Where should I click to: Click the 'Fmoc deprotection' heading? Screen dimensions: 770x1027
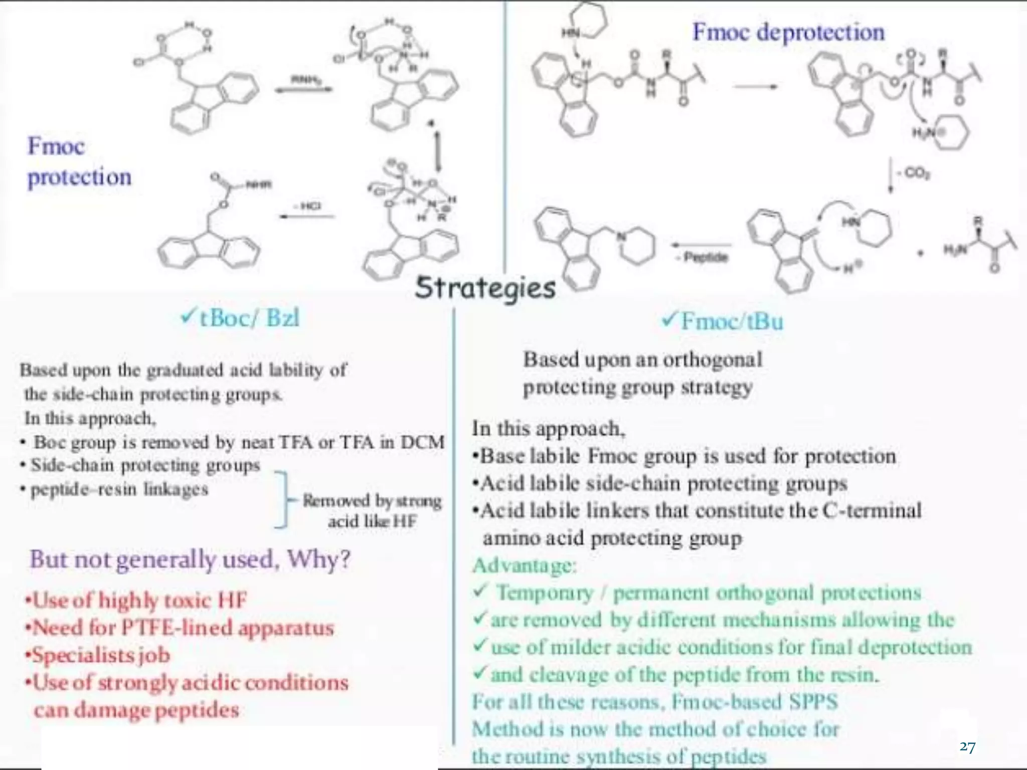788,32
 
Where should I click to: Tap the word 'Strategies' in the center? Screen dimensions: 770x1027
485,288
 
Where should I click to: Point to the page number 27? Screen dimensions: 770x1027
967,747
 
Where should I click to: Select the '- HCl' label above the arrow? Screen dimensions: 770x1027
307,206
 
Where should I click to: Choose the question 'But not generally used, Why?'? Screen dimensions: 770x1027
190,559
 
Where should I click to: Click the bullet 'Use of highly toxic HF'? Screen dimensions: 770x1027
136,600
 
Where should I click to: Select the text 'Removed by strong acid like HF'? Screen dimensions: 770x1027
372,510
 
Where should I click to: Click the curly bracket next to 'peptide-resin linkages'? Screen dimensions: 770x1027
284,499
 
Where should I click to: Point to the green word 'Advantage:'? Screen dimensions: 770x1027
525,565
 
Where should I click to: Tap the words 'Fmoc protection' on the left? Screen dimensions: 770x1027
79,161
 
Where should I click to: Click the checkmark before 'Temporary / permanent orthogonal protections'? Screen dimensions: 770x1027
479,592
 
